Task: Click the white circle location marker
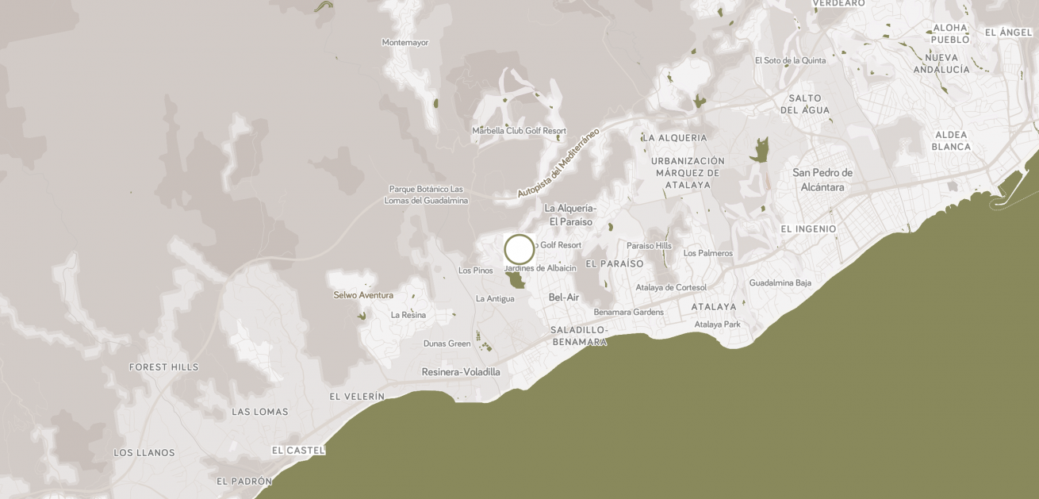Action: tap(519, 249)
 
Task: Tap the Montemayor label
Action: tap(404, 43)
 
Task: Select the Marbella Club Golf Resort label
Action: tap(519, 131)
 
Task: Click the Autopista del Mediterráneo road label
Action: tap(558, 163)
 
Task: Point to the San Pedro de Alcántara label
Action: tap(822, 180)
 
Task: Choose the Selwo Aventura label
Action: tap(363, 295)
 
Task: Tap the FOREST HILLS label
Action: tap(164, 367)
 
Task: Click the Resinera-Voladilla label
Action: tap(461, 372)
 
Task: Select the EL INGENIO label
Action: tap(808, 229)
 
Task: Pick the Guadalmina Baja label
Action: tap(780, 282)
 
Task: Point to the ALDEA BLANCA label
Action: tap(951, 141)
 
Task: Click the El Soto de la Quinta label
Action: tap(790, 60)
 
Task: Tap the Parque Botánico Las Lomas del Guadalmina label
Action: tap(426, 194)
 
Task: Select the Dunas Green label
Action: tap(447, 344)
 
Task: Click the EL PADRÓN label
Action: tap(244, 482)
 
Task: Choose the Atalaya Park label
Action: tap(717, 324)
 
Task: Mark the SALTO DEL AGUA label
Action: tap(805, 104)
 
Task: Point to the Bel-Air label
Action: tap(564, 297)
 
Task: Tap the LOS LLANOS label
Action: tap(144, 453)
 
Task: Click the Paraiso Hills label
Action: tap(649, 246)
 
